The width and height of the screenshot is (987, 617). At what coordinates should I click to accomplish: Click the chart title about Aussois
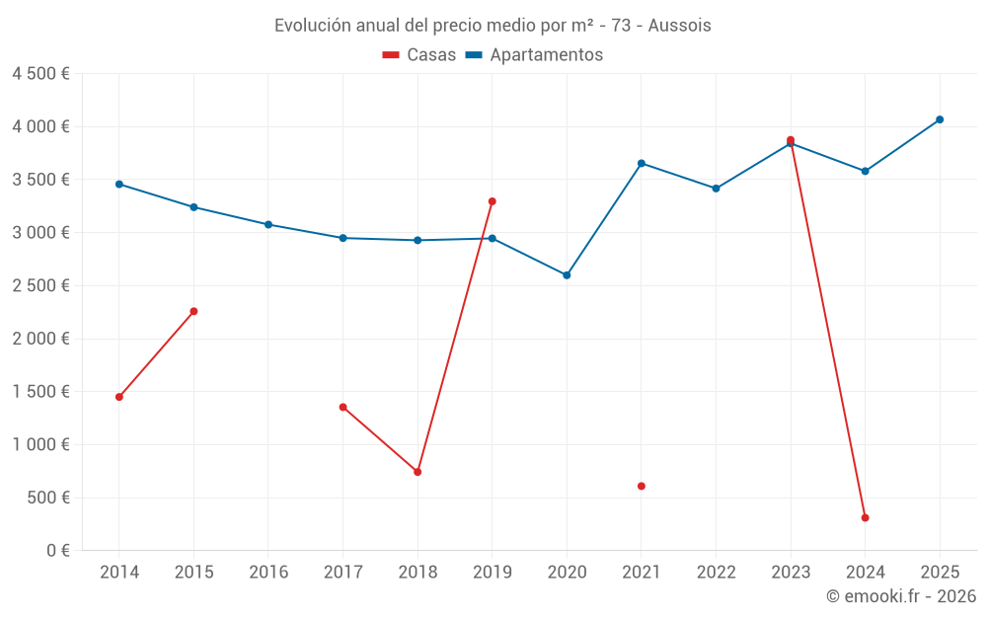coord(493,26)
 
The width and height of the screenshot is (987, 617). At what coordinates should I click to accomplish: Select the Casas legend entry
coord(419,55)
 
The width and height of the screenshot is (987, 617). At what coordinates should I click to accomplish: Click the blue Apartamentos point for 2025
coord(940,119)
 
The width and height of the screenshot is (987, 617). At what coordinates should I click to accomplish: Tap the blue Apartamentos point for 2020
coord(567,275)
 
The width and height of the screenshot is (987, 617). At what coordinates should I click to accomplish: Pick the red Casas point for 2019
coord(493,201)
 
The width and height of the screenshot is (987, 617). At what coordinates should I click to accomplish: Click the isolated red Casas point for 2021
coord(642,486)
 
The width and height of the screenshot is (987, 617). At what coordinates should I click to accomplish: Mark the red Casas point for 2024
coord(865,517)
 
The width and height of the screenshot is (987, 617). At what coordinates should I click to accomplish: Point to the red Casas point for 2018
coord(418,472)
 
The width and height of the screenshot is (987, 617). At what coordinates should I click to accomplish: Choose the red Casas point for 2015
coord(193,311)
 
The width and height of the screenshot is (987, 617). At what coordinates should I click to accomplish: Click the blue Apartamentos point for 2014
coord(119,184)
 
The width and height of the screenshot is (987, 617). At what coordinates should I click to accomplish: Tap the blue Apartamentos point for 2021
coord(642,163)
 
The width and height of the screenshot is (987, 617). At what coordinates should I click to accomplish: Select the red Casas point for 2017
coord(342,407)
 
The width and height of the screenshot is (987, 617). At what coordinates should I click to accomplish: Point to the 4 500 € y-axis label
coord(40,74)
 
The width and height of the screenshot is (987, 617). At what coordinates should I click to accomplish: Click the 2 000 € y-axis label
coord(40,339)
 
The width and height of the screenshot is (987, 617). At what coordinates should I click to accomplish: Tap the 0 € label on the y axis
coord(53,551)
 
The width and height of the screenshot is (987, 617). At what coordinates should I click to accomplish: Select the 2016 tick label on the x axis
coord(268,573)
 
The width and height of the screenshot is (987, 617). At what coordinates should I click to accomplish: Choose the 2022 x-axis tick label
coord(716,573)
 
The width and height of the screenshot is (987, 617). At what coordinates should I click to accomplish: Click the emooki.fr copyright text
coord(901,596)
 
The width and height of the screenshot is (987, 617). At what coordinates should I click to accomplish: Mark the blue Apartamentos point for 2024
coord(865,171)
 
